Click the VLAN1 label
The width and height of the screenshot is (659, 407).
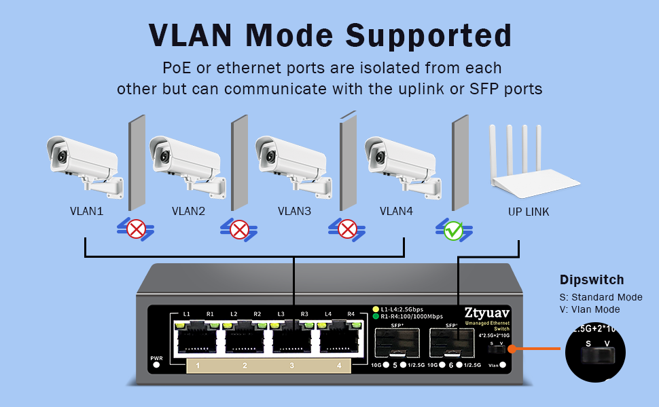coord(86,211)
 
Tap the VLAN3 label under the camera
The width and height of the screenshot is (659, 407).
coord(294,211)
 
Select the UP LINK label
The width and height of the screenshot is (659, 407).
coord(529,212)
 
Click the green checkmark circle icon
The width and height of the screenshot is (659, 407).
coord(453,231)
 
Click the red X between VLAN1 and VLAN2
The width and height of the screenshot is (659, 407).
coord(136,230)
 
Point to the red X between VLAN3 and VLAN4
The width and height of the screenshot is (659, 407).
coord(348,230)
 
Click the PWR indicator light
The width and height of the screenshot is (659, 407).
coord(156,365)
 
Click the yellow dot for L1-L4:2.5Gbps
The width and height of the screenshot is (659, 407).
coord(376,309)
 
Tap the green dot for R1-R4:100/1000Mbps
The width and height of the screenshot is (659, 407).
coord(376,316)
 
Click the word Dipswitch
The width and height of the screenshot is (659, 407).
coord(591,279)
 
